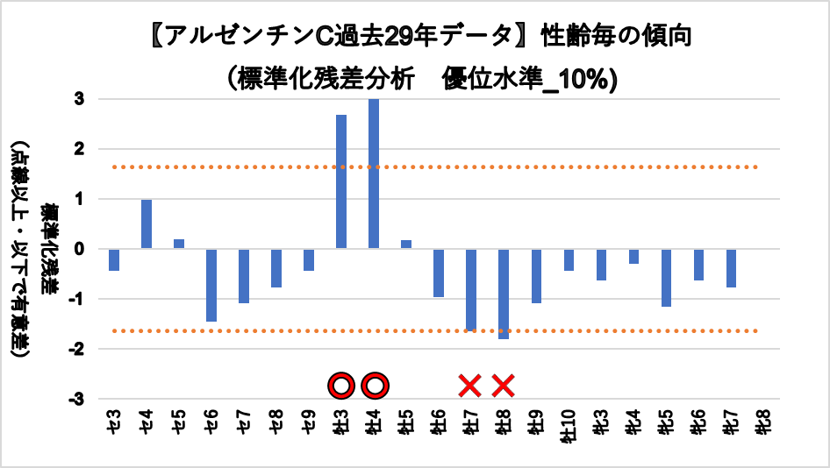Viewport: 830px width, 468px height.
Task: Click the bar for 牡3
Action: [x=341, y=181]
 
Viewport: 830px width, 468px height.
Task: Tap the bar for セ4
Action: [x=147, y=224]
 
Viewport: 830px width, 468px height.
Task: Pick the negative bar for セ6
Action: [x=211, y=285]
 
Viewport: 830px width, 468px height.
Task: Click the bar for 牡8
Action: [x=504, y=294]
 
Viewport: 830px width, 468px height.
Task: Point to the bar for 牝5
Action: [x=666, y=278]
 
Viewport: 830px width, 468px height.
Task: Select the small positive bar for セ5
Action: [x=179, y=244]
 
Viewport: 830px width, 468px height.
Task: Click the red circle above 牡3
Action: [x=341, y=385]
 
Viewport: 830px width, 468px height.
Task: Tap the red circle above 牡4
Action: [x=375, y=385]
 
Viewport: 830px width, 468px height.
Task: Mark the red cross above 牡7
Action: [x=470, y=385]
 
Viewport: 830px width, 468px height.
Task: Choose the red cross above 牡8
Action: [x=503, y=385]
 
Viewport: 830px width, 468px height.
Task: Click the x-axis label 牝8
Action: [x=762, y=424]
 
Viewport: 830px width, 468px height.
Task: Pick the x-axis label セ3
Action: [x=114, y=424]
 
